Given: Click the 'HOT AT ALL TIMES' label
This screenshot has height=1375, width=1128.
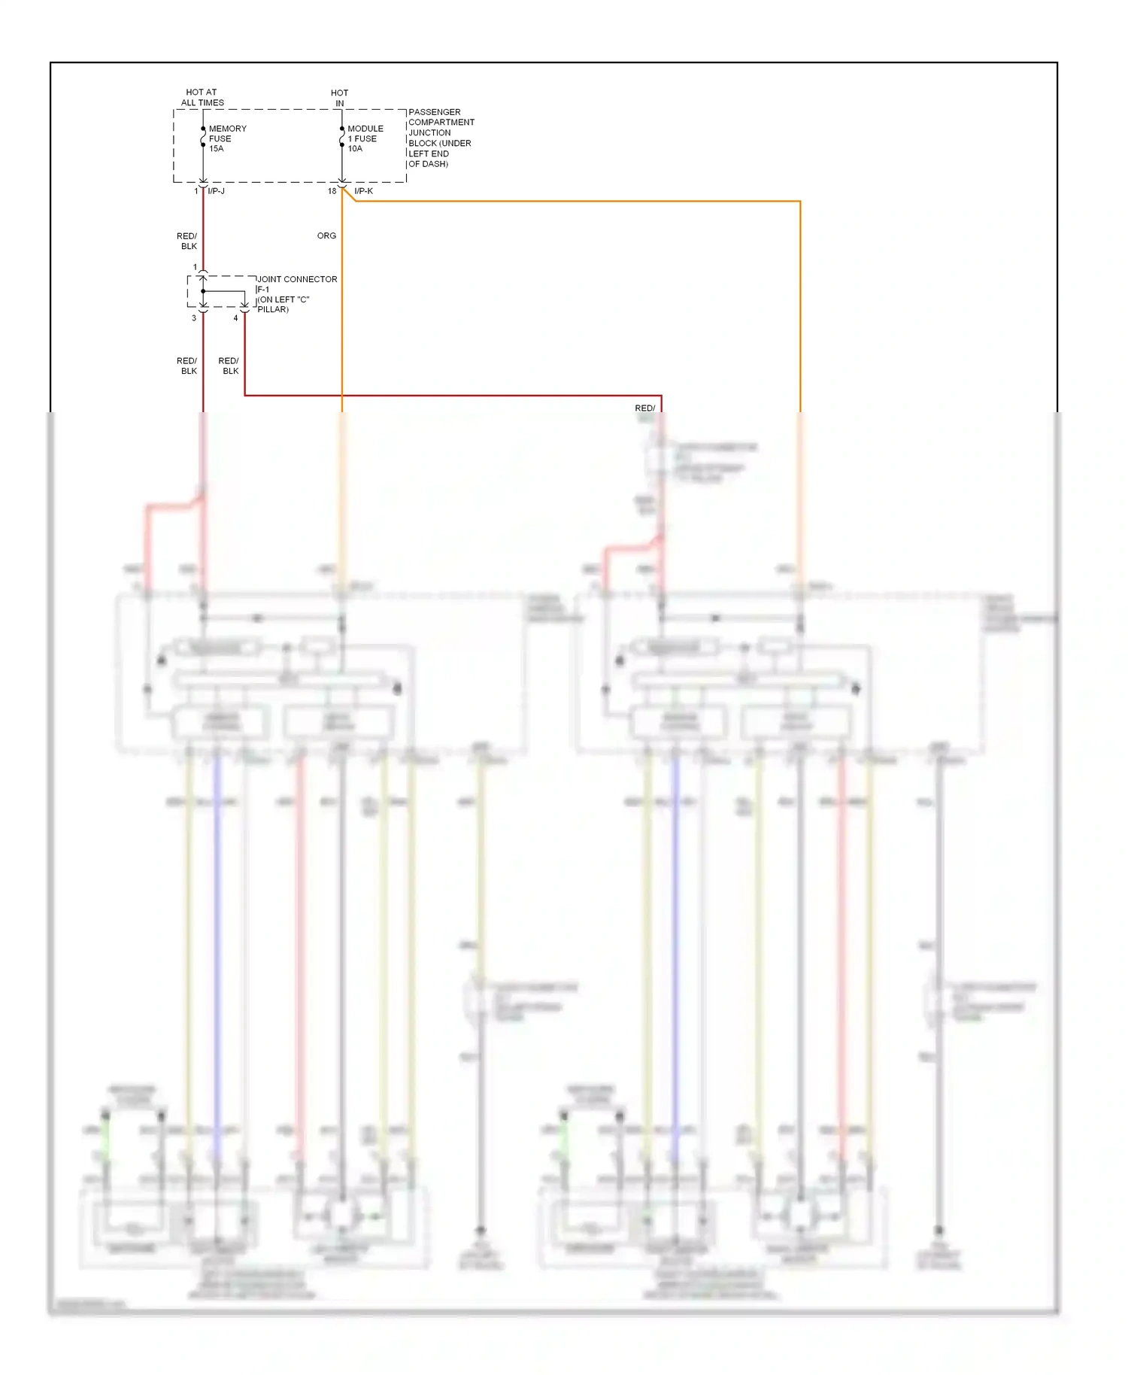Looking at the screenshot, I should click(x=202, y=97).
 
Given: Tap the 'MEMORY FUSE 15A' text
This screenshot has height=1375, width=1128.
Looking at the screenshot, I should click(x=226, y=138).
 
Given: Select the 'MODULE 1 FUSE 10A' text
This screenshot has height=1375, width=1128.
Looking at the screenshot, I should click(x=365, y=138).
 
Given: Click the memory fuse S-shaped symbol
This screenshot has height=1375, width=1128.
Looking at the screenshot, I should click(x=203, y=138).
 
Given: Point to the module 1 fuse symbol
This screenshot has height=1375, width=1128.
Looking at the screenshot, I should click(x=342, y=138).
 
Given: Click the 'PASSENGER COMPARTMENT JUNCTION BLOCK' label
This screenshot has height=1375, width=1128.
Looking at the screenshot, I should click(x=440, y=138).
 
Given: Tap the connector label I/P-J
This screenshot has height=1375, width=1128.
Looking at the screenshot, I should click(x=216, y=191).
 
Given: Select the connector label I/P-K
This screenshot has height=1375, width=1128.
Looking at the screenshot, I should click(x=363, y=191).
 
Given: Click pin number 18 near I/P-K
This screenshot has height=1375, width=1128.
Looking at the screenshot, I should click(x=332, y=191).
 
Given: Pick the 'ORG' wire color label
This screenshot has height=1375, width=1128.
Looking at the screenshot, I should click(x=326, y=235).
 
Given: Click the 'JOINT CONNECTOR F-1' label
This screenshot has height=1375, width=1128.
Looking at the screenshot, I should click(x=296, y=284).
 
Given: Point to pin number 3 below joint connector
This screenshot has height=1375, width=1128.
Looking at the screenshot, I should click(x=193, y=318).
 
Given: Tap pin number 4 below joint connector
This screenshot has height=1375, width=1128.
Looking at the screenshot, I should click(x=235, y=318).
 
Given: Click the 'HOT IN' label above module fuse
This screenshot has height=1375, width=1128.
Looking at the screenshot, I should click(x=339, y=98).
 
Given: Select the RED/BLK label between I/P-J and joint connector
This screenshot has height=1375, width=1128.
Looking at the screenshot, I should click(x=187, y=241).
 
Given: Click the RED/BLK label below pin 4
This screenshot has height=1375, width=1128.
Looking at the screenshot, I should click(x=229, y=366).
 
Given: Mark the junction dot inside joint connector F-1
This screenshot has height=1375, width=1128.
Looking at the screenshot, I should click(x=203, y=291).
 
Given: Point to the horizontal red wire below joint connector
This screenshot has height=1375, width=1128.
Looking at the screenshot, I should click(x=451, y=395).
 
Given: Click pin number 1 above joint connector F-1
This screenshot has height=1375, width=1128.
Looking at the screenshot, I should click(x=195, y=267).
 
